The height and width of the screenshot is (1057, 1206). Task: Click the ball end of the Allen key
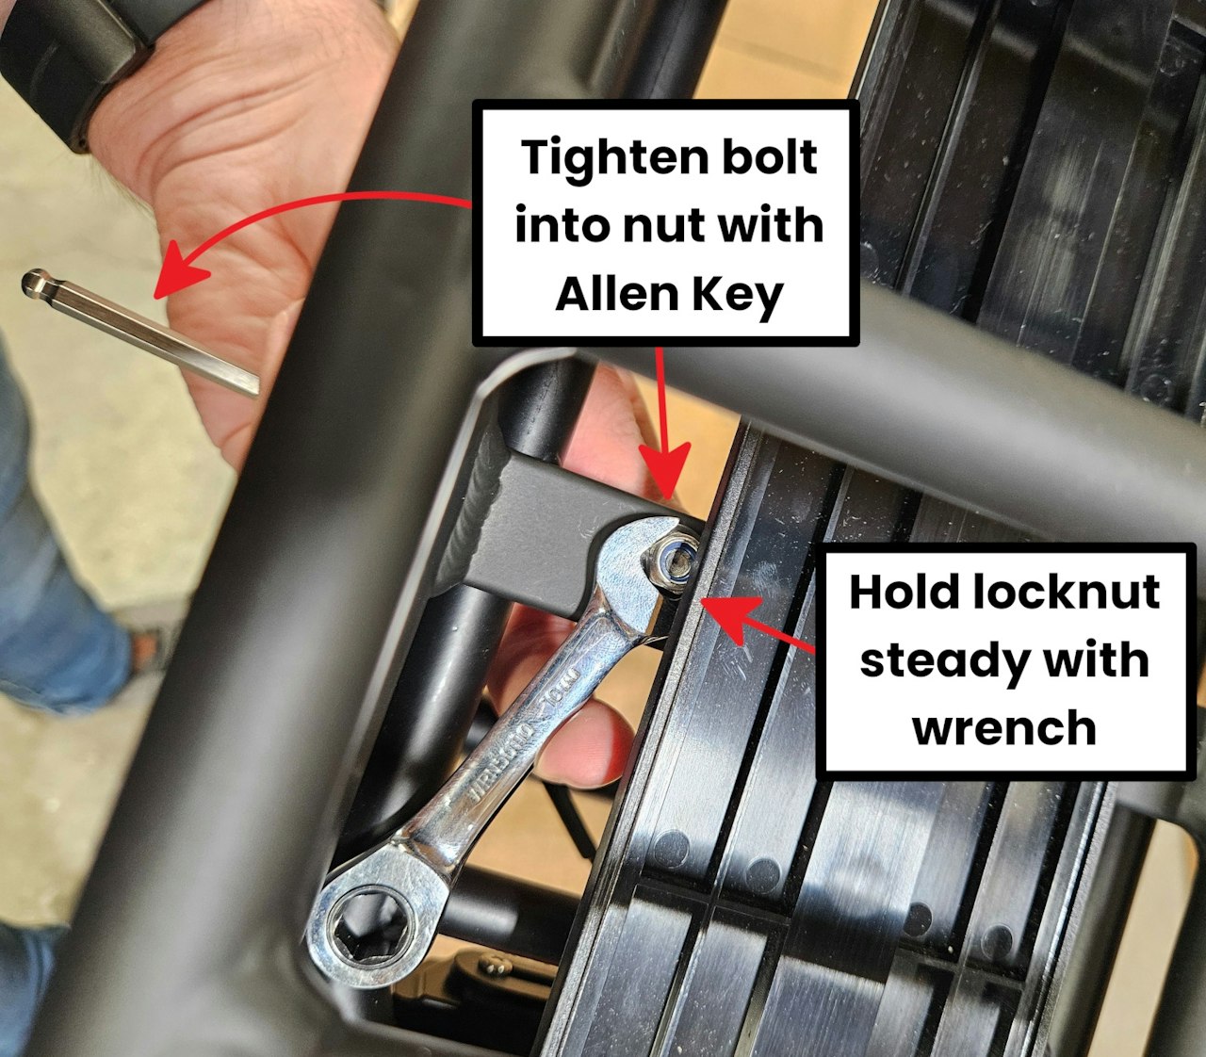pyautogui.click(x=35, y=283)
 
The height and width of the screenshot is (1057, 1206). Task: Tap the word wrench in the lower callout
pyautogui.click(x=1004, y=729)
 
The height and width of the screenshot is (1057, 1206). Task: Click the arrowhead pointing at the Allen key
pyautogui.click(x=179, y=268)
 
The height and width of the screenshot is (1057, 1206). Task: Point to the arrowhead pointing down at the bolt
pyautogui.click(x=665, y=469)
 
